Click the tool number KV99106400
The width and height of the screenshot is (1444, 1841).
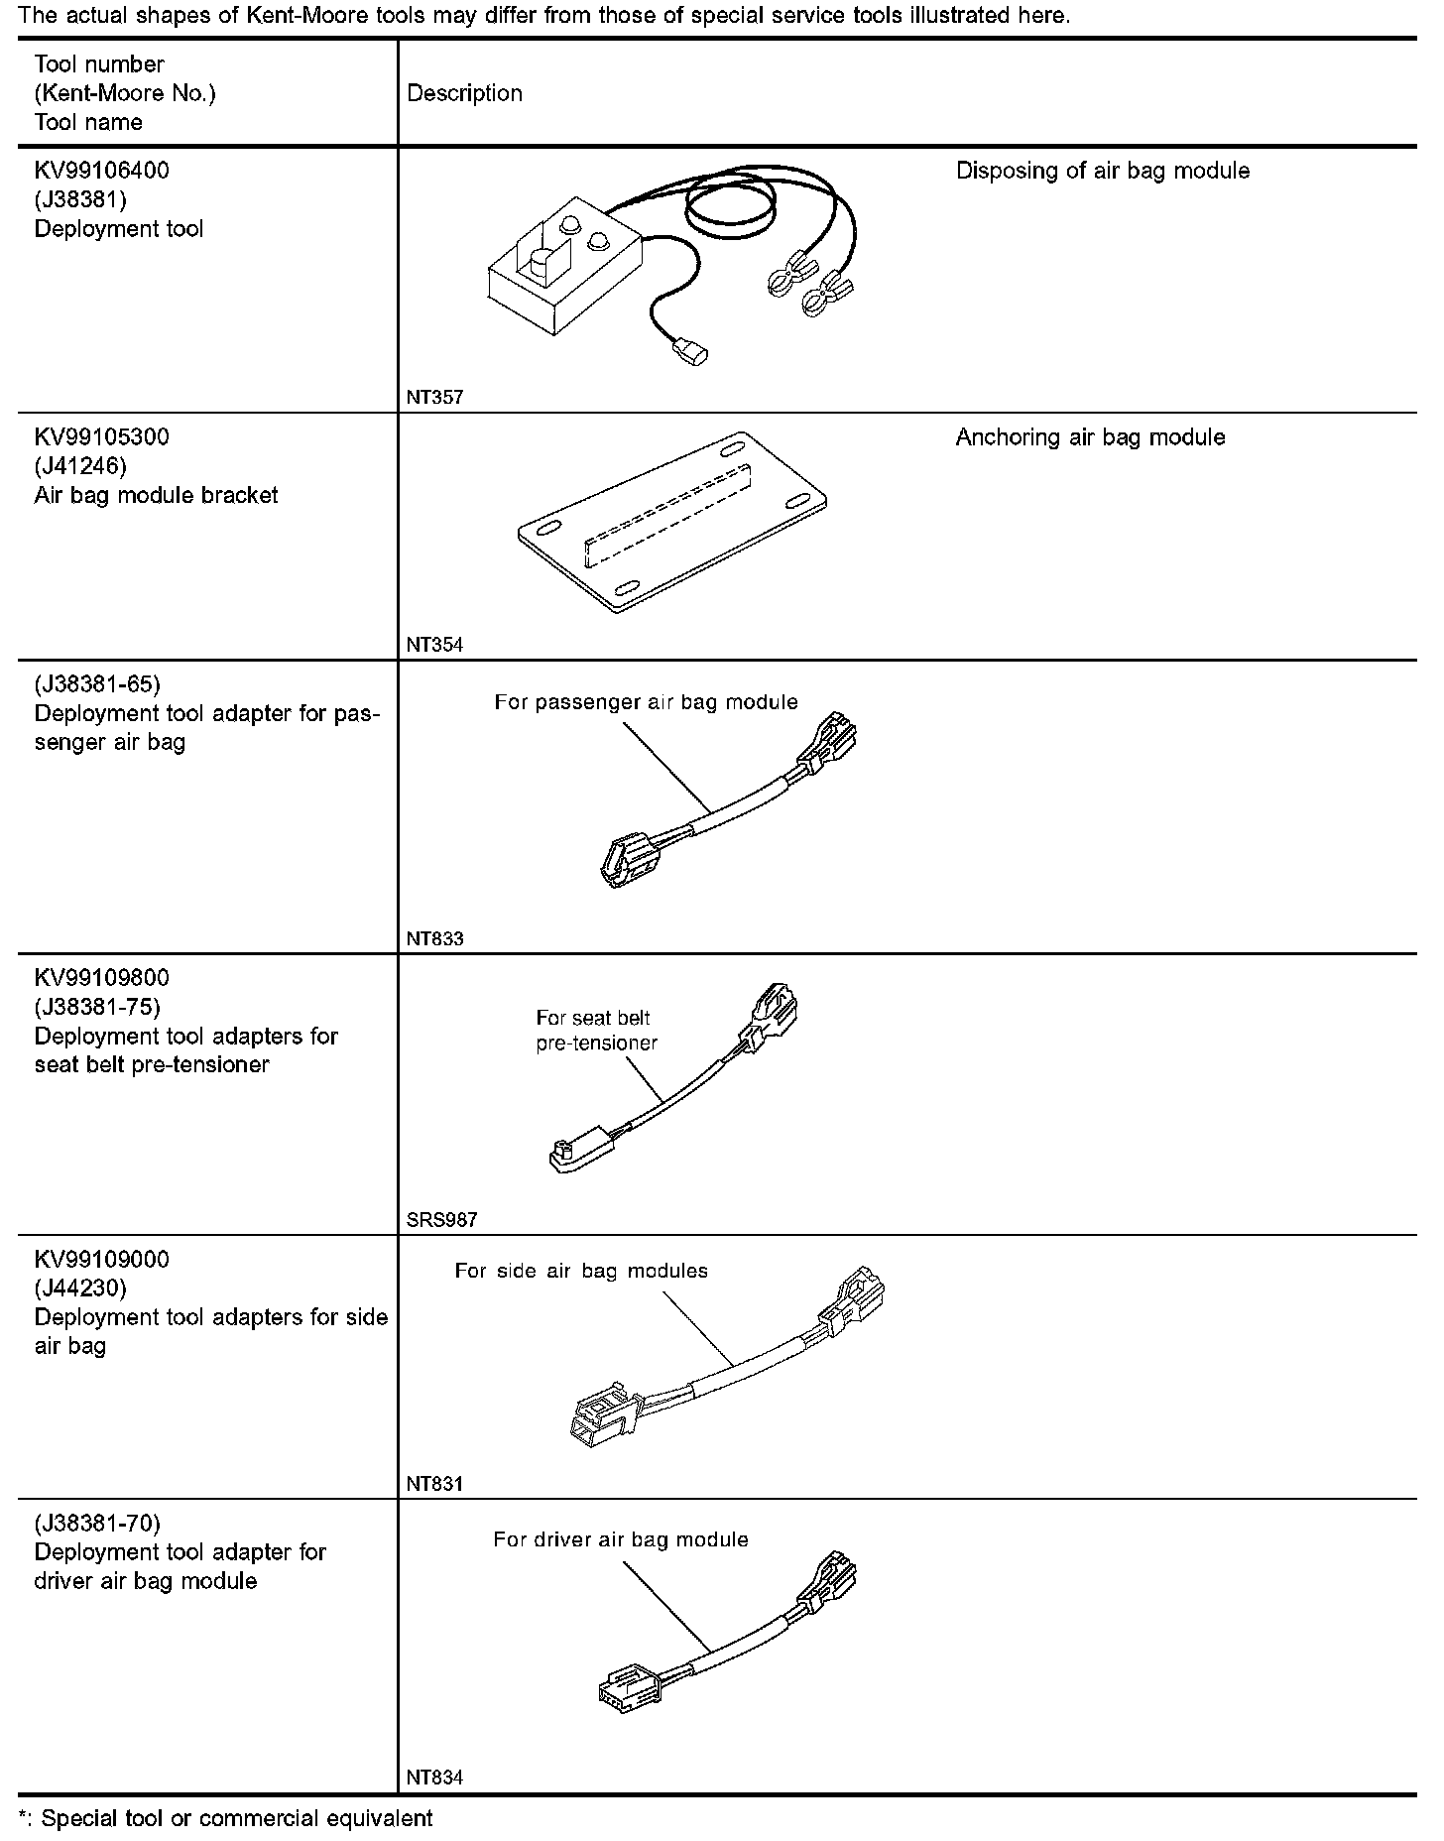coord(102,171)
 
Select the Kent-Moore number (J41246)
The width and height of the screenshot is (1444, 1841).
coord(80,466)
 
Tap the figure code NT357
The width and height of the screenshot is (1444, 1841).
coord(434,398)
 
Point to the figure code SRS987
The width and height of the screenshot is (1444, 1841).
coord(441,1220)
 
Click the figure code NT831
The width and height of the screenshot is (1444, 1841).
coord(434,1484)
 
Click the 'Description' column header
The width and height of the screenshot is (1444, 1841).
coord(464,93)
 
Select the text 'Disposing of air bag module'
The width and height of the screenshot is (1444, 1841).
coord(1102,171)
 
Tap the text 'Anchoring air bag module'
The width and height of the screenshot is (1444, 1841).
coord(1090,437)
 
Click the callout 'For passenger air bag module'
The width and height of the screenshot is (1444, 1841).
coord(646,702)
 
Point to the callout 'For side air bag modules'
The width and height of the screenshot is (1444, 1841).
coord(581,1271)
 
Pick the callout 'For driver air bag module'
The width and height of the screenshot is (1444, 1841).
coord(620,1539)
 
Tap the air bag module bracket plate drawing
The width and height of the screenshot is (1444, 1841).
coord(672,520)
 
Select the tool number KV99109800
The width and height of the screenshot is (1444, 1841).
coord(102,978)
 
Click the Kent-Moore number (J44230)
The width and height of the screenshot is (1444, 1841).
coord(80,1289)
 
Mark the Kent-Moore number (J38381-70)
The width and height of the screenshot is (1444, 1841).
coord(97,1523)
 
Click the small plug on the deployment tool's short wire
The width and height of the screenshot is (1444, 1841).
coord(690,351)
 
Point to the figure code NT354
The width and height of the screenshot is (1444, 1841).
coord(434,645)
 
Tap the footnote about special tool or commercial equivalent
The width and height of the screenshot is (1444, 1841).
coord(225,1818)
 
